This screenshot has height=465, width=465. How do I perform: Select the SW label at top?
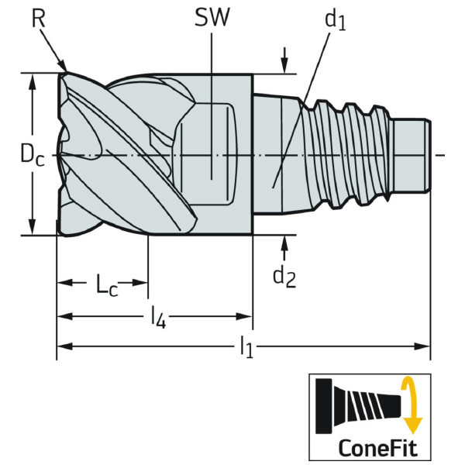[212, 17]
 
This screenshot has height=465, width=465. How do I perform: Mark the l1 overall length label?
[246, 348]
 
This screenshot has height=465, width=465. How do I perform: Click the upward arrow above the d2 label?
[285, 245]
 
